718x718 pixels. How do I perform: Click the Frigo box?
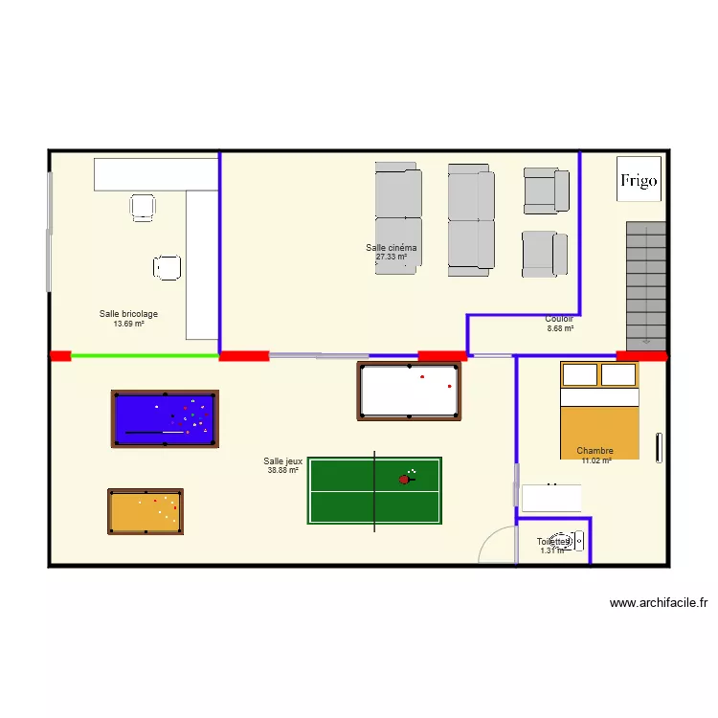(639, 179)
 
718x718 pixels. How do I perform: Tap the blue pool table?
(165, 418)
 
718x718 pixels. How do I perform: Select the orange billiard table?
(146, 511)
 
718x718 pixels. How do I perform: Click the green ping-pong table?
(374, 490)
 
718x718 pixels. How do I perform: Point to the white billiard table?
(409, 391)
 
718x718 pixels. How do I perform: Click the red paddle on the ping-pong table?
(404, 479)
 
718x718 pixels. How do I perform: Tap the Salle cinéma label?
(391, 247)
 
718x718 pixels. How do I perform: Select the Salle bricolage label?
(128, 314)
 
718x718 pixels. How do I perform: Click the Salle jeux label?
(282, 461)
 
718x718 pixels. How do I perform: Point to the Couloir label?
(559, 319)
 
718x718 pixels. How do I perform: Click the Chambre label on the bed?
(595, 451)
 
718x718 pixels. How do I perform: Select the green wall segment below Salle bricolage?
(146, 356)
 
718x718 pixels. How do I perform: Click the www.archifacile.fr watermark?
(658, 603)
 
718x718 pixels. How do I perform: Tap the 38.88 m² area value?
(282, 470)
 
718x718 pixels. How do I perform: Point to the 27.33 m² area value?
(391, 257)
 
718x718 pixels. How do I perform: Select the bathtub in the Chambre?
(550, 497)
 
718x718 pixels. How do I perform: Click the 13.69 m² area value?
(128, 324)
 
